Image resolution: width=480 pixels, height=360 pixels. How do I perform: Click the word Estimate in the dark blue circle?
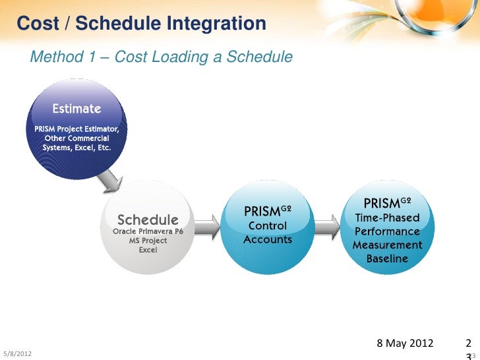point(76,109)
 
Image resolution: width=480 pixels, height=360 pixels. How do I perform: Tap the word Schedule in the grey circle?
point(148,220)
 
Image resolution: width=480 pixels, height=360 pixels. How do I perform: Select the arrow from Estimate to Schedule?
point(111,181)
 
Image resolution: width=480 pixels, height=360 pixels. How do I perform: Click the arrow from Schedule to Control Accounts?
point(207,227)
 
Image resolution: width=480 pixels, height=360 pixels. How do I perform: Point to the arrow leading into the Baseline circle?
point(327,227)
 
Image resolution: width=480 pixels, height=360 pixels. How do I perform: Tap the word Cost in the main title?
point(38,23)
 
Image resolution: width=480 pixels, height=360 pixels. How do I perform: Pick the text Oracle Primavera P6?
point(148,231)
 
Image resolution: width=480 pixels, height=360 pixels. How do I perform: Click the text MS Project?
point(148,241)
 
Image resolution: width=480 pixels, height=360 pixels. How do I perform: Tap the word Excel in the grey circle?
point(148,250)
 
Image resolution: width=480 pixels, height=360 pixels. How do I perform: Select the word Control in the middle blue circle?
point(268,225)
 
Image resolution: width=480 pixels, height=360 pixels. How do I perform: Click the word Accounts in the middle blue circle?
point(268,239)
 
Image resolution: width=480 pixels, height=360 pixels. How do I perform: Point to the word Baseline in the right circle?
point(387,258)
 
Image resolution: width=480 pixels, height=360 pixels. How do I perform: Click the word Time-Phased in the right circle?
point(387,218)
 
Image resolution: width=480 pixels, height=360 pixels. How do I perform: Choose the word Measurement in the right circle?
point(387,245)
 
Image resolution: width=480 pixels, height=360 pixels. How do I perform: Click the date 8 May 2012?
point(405,343)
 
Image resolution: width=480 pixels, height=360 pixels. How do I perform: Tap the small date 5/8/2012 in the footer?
point(18,353)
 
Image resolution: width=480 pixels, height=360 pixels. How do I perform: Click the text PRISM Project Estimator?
point(76,129)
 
